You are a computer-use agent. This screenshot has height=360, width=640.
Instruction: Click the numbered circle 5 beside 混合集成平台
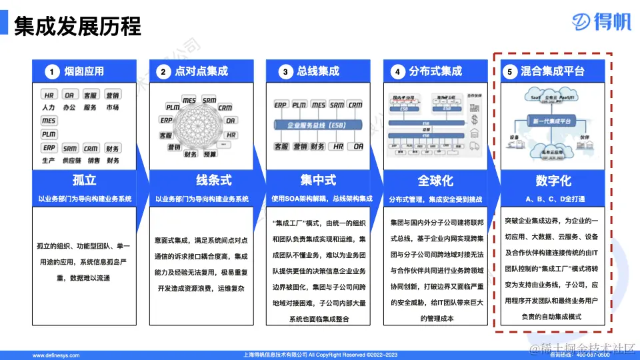pyautogui.click(x=510, y=71)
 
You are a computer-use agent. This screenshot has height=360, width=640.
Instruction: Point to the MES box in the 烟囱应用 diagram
pyautogui.click(x=49, y=121)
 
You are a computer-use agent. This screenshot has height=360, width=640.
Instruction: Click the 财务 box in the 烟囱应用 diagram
pyautogui.click(x=113, y=148)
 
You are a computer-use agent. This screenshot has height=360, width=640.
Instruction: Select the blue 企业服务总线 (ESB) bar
pyautogui.click(x=317, y=124)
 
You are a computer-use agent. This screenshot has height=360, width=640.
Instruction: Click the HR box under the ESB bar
pyautogui.click(x=339, y=146)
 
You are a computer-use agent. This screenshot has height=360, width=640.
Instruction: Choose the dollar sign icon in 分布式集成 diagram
pyautogui.click(x=475, y=119)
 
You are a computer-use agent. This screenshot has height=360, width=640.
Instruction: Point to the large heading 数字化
pyautogui.click(x=553, y=181)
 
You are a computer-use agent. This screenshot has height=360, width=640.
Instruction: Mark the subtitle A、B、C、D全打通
pyautogui.click(x=553, y=199)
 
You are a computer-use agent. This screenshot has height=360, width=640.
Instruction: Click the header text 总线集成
pyautogui.click(x=319, y=71)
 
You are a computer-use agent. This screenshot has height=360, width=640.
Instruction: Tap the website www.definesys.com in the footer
pyautogui.click(x=59, y=355)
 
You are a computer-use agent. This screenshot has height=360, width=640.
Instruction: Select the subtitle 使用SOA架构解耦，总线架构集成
pyautogui.click(x=319, y=199)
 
